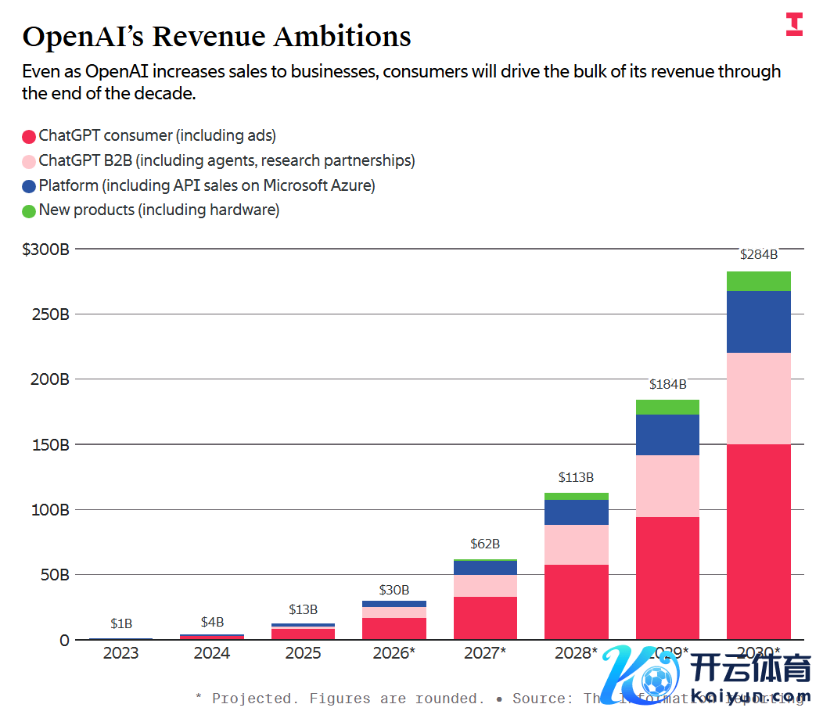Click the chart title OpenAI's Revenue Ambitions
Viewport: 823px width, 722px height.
click(x=217, y=37)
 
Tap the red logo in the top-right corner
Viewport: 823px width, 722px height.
click(x=794, y=24)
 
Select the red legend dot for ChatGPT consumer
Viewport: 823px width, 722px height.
click(x=29, y=136)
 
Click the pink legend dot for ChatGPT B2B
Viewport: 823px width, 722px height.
click(x=29, y=161)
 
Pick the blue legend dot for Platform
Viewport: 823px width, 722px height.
click(x=29, y=186)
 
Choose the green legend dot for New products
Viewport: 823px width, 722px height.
click(x=29, y=210)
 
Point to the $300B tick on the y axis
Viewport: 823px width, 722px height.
click(x=46, y=250)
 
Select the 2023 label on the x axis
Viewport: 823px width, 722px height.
click(x=120, y=653)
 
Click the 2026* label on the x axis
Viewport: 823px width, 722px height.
click(x=394, y=653)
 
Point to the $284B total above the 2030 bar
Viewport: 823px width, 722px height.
click(x=759, y=254)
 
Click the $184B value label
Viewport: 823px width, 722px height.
click(x=667, y=384)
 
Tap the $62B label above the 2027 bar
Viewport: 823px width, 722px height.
click(x=485, y=544)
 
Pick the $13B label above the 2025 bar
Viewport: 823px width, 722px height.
click(x=303, y=609)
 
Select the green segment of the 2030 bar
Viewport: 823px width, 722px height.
click(x=759, y=281)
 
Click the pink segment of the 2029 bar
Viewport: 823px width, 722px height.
click(x=667, y=486)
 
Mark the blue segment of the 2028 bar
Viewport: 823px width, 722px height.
click(x=577, y=512)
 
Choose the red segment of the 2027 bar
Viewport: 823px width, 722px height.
click(x=485, y=618)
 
